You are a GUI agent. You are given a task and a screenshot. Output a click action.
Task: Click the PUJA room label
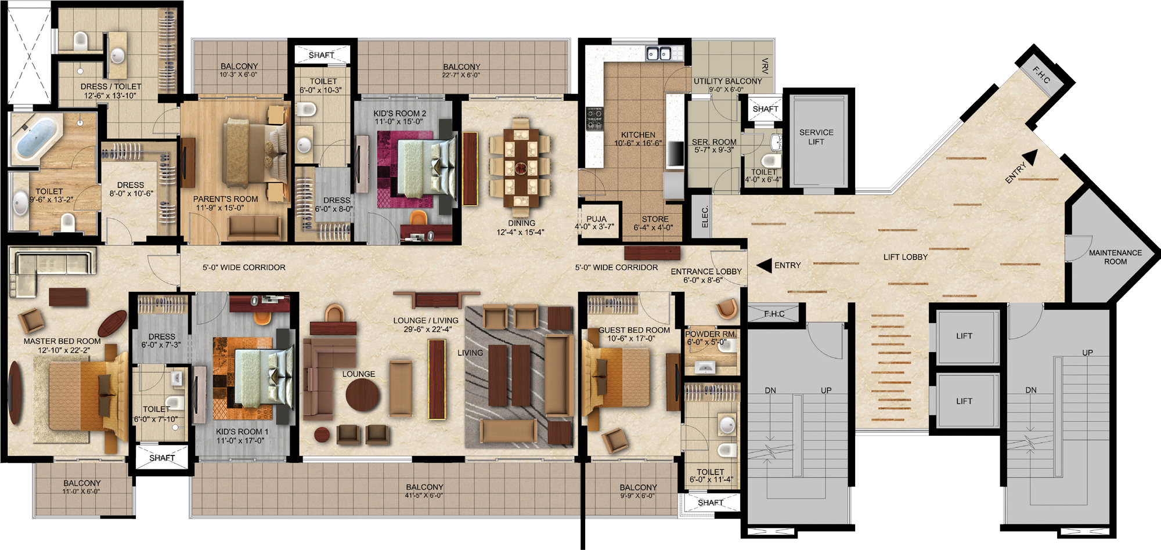click(596, 219)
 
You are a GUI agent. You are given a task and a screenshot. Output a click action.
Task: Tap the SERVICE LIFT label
click(816, 137)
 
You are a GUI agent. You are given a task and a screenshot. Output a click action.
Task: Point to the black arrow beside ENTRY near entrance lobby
click(765, 265)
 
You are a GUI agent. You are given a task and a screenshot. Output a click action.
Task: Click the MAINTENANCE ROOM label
click(1115, 257)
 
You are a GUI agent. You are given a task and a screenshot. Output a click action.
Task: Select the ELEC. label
click(705, 217)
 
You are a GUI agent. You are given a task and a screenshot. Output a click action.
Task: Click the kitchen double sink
click(659, 53)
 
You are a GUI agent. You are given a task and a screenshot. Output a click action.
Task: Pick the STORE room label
click(655, 219)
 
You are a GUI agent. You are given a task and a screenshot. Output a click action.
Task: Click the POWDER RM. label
click(711, 334)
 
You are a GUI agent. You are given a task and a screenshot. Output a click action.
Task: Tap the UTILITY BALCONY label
click(728, 81)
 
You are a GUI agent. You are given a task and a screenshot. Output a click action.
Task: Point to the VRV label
click(765, 66)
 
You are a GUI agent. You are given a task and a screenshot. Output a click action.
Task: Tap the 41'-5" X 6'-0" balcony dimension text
click(424, 495)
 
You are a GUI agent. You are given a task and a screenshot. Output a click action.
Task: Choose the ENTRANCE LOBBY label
click(706, 272)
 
